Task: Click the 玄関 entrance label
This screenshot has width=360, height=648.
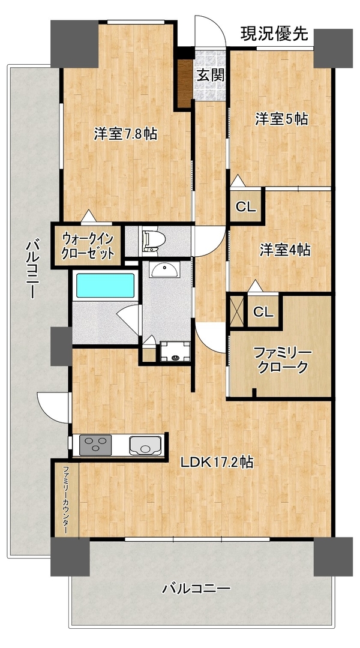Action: click(x=211, y=75)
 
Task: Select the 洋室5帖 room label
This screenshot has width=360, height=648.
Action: click(x=281, y=119)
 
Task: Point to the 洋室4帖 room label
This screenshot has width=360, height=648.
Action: click(x=285, y=250)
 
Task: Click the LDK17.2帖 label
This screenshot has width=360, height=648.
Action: click(x=217, y=462)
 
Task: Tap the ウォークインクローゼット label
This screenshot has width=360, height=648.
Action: click(x=88, y=246)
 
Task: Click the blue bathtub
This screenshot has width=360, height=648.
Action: click(x=106, y=285)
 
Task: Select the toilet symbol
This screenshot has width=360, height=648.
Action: click(x=153, y=239)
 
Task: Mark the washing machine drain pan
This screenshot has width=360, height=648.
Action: click(x=175, y=351)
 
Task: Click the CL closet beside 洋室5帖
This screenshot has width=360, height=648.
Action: click(x=246, y=207)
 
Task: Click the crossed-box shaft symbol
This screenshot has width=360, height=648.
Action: click(x=237, y=310)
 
